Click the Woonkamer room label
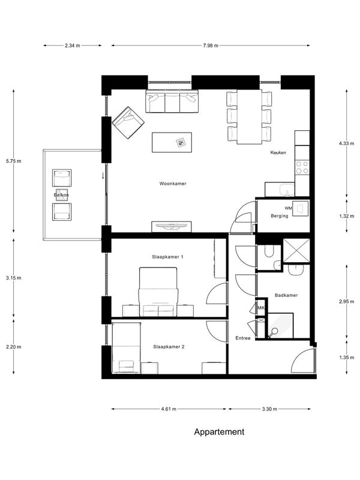173,184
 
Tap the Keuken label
278,152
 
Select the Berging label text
280,216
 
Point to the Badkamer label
286,295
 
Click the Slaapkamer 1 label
167,257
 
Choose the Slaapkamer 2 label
169,347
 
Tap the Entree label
243,338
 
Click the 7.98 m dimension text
211,46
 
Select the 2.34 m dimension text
72,46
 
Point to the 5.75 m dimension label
13,161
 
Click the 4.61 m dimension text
169,409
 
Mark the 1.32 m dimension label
347,216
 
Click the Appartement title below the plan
219,432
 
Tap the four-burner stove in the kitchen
302,167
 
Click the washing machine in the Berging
300,208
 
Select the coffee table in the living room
172,142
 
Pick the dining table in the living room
249,116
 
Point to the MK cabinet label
261,308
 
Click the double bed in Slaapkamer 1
158,292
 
